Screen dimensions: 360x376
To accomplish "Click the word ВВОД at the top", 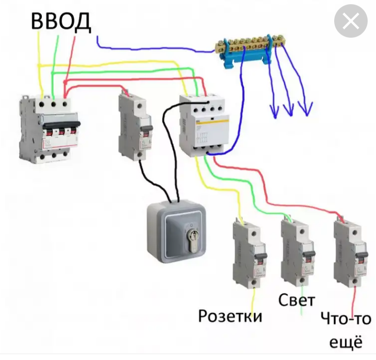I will [61, 21].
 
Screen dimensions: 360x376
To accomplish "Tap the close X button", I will [351, 21].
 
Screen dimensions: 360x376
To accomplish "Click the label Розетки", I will [230, 316].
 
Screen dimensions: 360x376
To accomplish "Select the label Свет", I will [296, 300].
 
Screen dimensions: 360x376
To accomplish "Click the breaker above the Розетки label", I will [247, 253].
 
